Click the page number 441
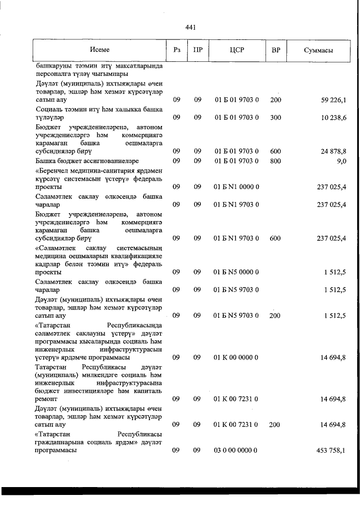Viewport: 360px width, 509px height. click(x=190, y=26)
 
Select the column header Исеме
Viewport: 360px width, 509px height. click(x=98, y=50)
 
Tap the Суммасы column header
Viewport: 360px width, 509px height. click(x=318, y=51)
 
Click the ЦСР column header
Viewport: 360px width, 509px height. click(x=236, y=51)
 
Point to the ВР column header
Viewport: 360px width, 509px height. click(x=276, y=51)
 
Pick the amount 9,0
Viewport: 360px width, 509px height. click(x=341, y=161)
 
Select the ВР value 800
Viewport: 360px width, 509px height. click(x=275, y=161)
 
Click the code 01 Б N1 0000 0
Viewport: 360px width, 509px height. click(x=236, y=187)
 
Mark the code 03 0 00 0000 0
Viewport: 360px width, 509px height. click(x=236, y=451)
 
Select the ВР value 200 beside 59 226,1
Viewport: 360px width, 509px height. click(x=275, y=100)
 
